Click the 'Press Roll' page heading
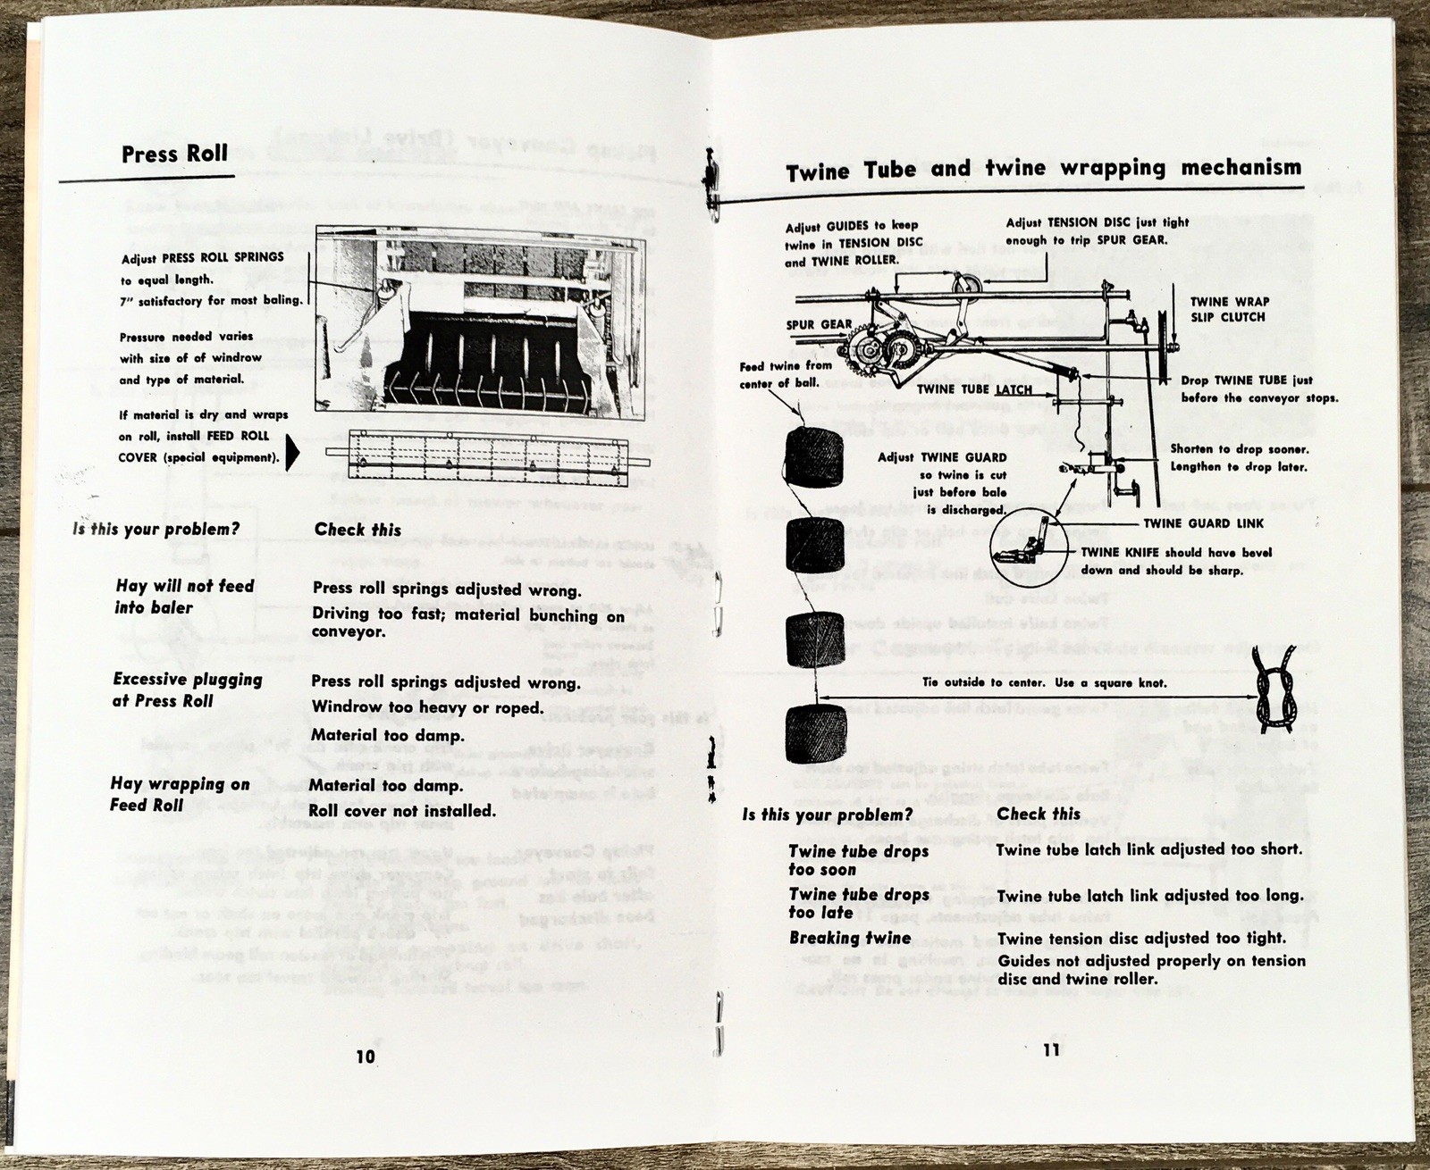pos(174,154)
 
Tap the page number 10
pos(365,1057)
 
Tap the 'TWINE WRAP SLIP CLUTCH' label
pos(1229,309)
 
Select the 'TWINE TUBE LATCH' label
pos(974,389)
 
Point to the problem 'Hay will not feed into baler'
pos(185,597)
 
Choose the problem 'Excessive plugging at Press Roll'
pos(187,689)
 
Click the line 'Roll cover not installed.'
pos(401,811)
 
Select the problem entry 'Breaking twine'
pos(850,938)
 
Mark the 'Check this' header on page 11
pos(1039,814)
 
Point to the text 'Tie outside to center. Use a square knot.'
pos(1045,683)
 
